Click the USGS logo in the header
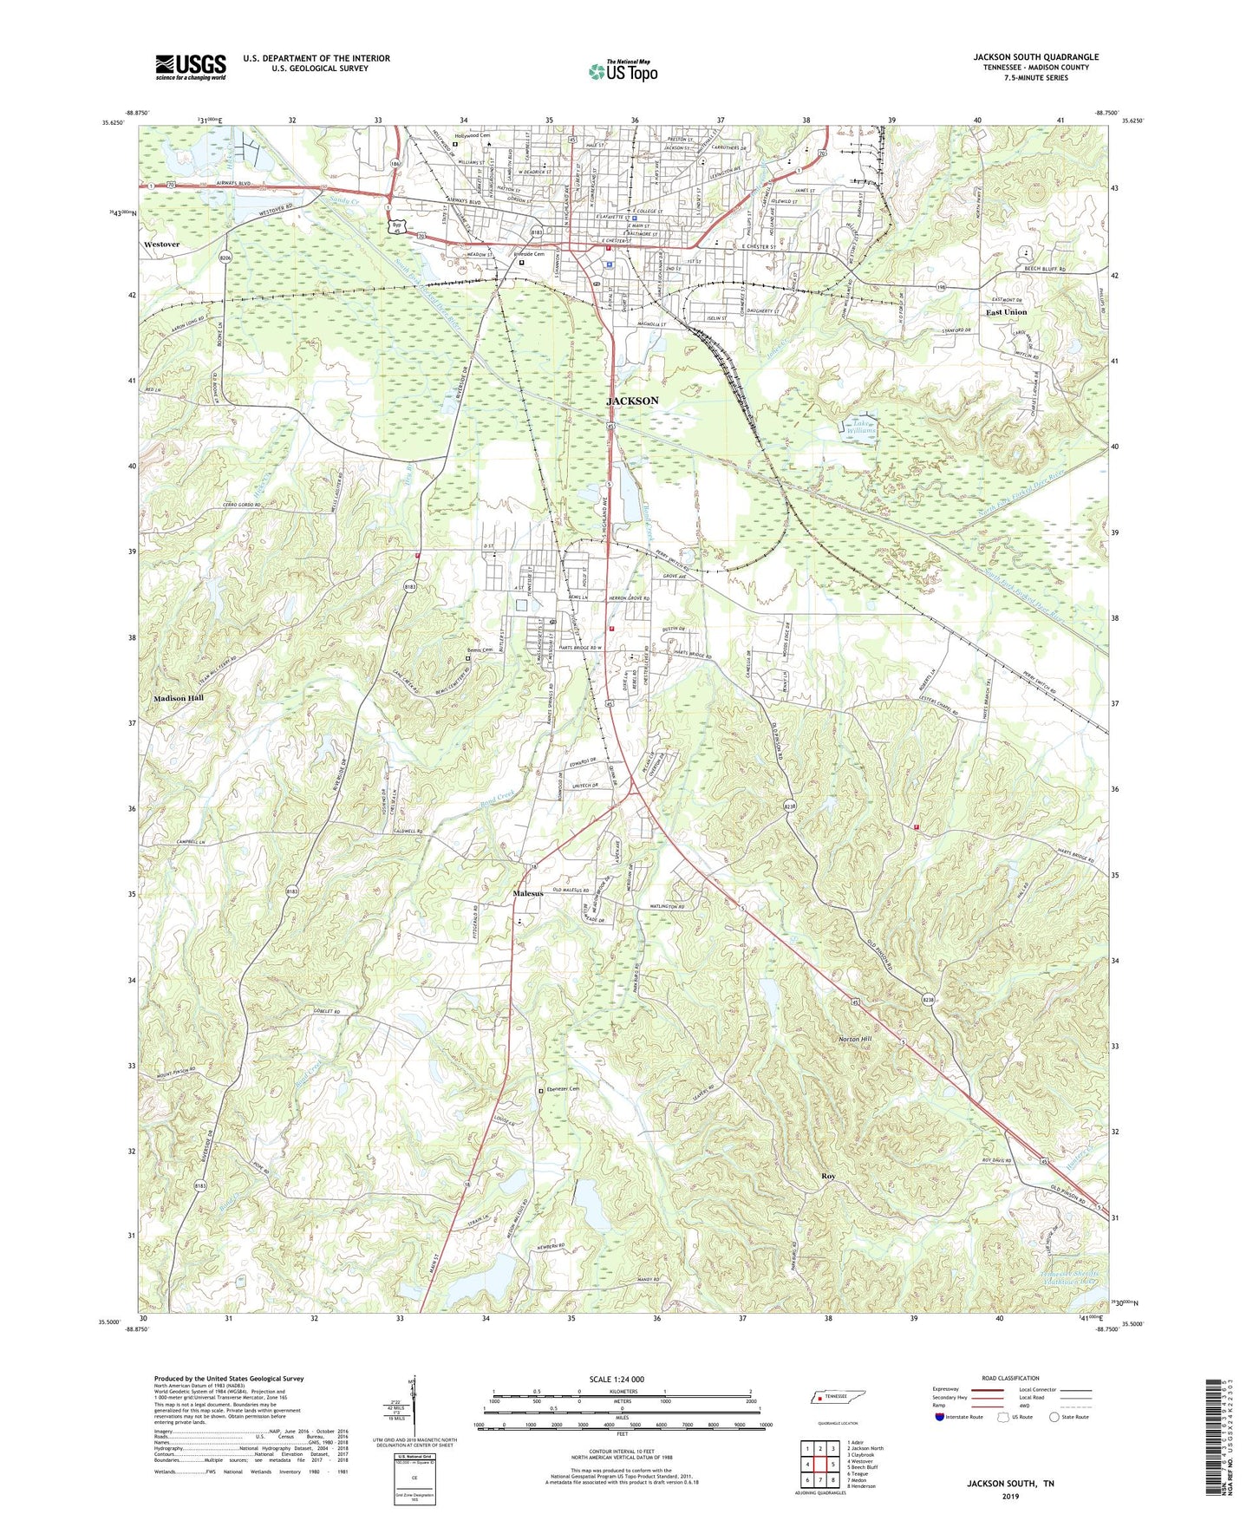(x=191, y=67)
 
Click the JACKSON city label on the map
(x=631, y=401)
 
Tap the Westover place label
(x=162, y=245)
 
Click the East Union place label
(x=1006, y=312)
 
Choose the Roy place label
(x=828, y=1176)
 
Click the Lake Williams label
(x=861, y=426)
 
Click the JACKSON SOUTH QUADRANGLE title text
(x=1035, y=57)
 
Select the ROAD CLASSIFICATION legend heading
(x=1010, y=1378)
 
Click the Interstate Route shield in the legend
(x=940, y=1417)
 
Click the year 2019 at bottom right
(x=1010, y=1496)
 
